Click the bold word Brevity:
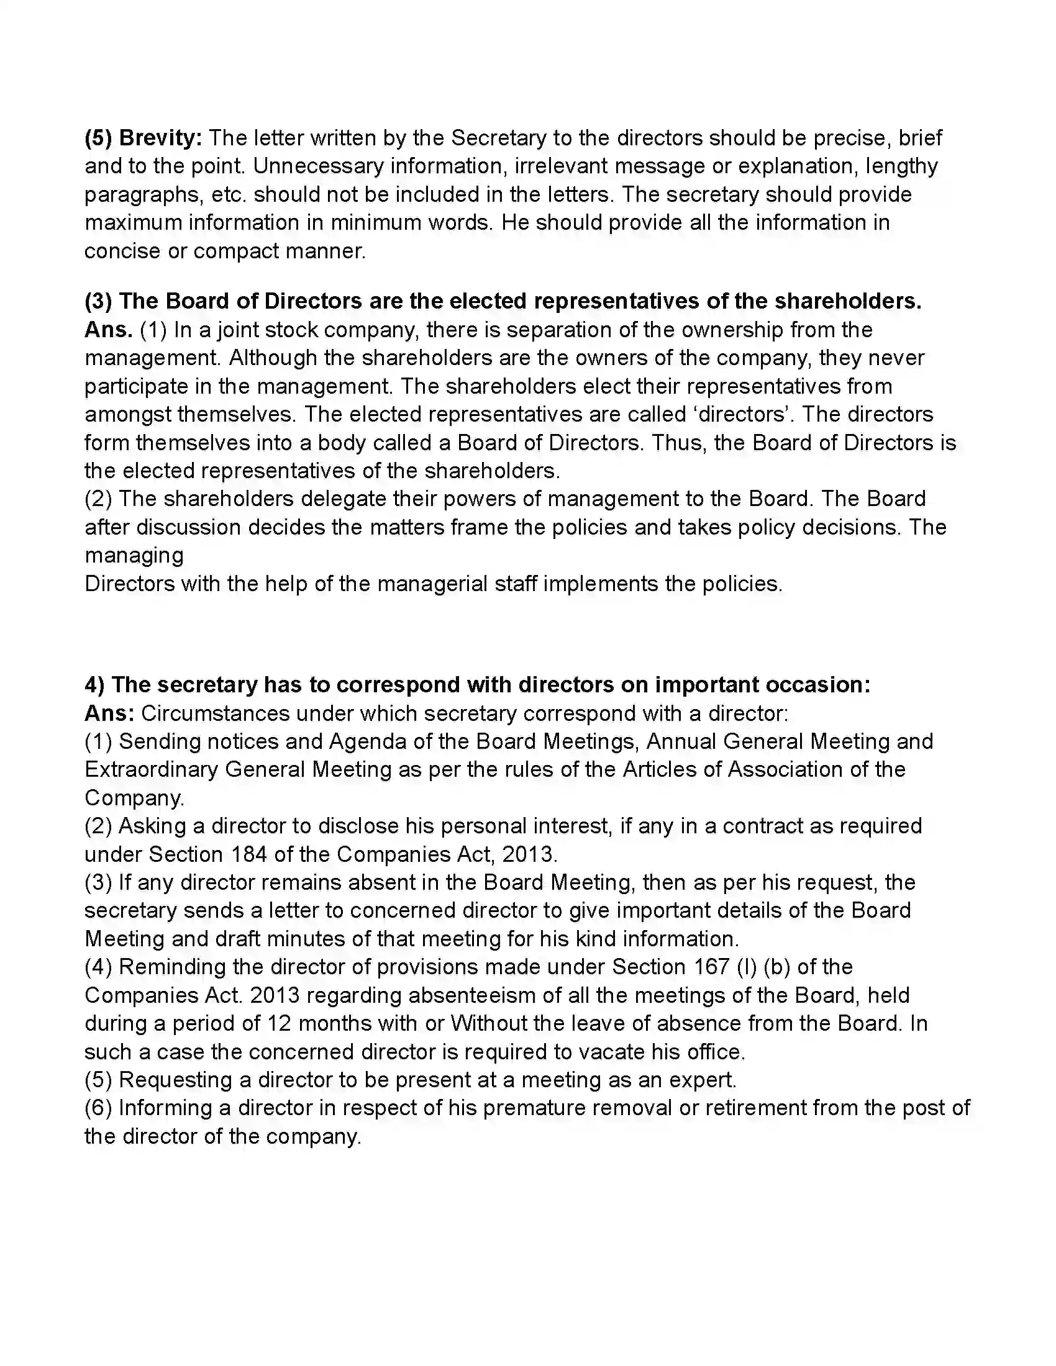point(160,138)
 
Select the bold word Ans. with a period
point(108,330)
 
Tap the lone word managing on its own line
point(134,556)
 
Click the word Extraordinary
point(151,769)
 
